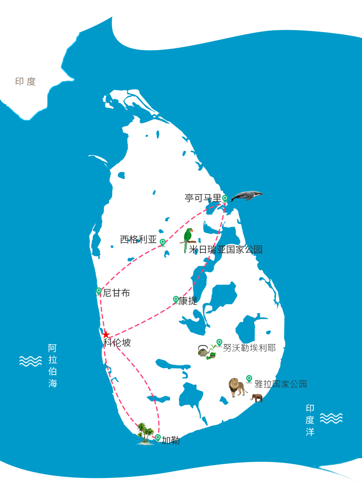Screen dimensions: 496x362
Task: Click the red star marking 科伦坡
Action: click(x=106, y=334)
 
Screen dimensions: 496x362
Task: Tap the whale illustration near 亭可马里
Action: click(x=247, y=196)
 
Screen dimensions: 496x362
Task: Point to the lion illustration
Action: click(x=238, y=387)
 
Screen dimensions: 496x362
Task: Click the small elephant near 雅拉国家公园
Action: click(x=257, y=398)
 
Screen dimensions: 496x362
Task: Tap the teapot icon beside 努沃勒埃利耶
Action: click(x=204, y=351)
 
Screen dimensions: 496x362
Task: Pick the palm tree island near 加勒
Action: click(x=145, y=434)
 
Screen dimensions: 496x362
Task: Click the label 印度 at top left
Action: click(x=26, y=82)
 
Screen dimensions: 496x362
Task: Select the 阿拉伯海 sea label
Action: click(x=53, y=366)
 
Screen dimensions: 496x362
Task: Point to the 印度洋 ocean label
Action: click(x=310, y=420)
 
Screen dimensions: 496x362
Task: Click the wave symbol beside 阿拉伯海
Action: click(x=31, y=361)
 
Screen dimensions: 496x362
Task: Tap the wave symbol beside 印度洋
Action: click(x=331, y=418)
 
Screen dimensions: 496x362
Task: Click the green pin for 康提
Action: click(x=176, y=299)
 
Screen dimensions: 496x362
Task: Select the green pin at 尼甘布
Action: click(x=99, y=291)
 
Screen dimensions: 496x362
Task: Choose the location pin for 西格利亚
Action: click(x=162, y=242)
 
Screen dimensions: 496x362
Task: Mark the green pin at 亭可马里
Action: click(x=225, y=198)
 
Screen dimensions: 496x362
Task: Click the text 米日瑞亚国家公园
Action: click(x=226, y=250)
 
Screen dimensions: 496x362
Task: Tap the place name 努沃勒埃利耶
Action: click(x=249, y=348)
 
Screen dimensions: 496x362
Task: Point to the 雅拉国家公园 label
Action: click(x=281, y=384)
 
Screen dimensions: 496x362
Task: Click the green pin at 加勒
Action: click(x=158, y=437)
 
